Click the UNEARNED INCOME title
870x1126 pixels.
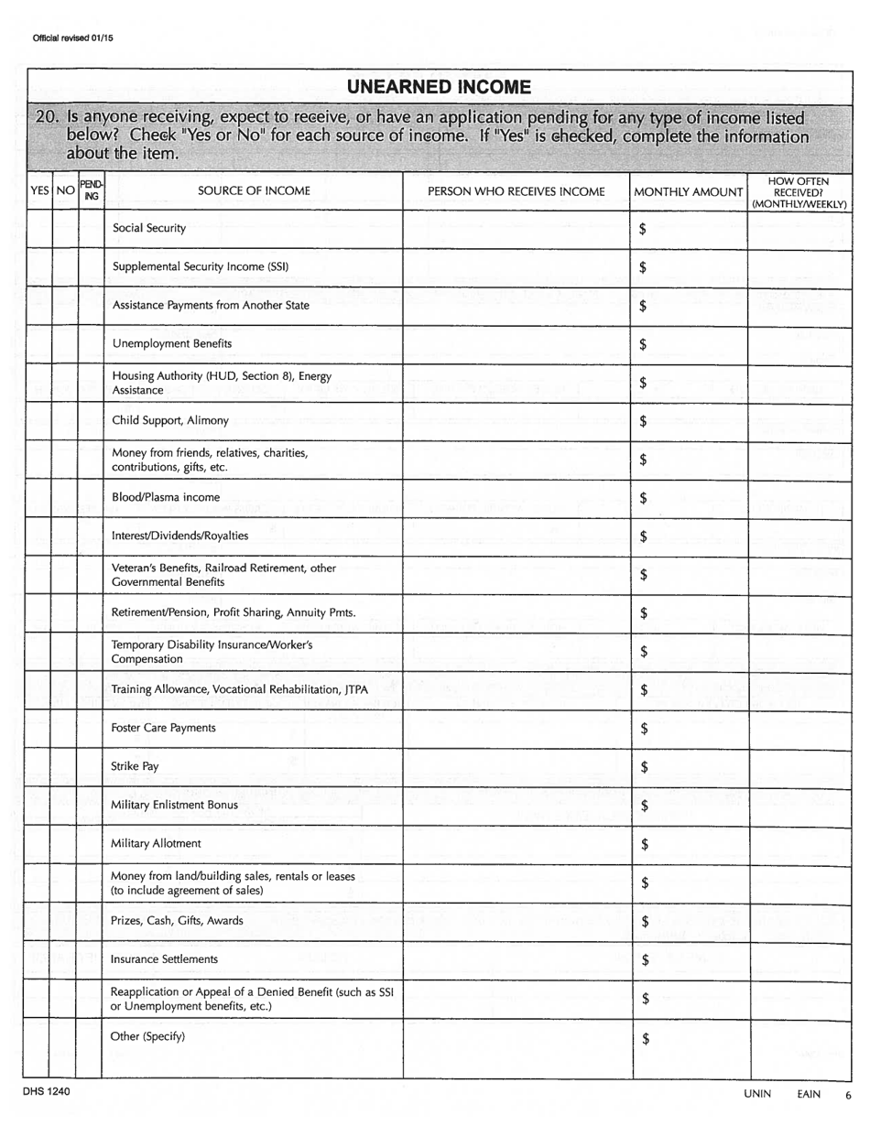point(439,87)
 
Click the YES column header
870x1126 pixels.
point(40,191)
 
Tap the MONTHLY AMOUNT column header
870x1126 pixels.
point(689,191)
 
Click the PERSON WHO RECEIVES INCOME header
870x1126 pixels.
point(517,191)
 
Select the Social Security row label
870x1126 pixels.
point(149,228)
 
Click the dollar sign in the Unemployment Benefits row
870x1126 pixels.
point(643,345)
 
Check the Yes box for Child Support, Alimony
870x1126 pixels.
point(39,421)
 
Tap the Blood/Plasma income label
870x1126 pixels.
point(166,497)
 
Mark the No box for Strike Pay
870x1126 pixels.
point(64,767)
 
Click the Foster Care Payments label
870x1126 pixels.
point(163,728)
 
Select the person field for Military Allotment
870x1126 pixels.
point(517,843)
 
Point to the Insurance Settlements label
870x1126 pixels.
point(164,959)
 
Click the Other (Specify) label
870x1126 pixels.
point(147,1036)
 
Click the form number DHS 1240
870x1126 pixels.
point(46,1092)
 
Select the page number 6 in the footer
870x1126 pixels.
point(848,1094)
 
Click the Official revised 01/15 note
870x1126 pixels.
point(66,38)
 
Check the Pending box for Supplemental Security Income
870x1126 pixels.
point(92,267)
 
